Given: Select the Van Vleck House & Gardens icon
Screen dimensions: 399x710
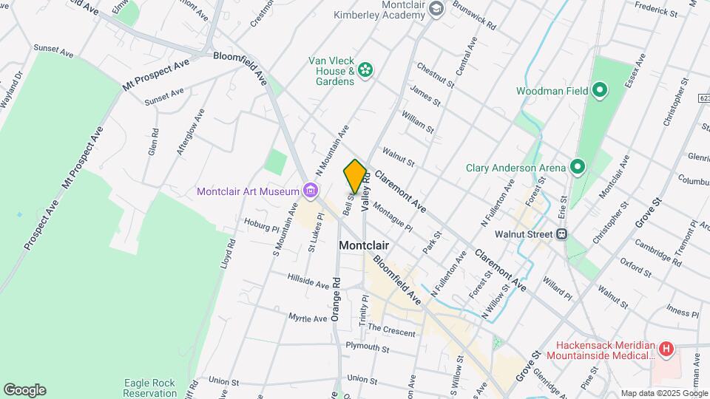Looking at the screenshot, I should (x=364, y=70).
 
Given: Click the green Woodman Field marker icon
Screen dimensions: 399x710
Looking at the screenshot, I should (x=600, y=91).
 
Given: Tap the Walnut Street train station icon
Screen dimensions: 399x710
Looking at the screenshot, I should (x=562, y=234).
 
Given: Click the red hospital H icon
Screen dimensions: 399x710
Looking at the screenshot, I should (x=666, y=348).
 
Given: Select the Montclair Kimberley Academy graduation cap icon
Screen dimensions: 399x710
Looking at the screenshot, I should (x=436, y=8).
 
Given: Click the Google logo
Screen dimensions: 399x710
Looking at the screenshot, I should (x=24, y=390).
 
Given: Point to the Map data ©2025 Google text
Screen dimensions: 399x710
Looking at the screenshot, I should (x=663, y=393).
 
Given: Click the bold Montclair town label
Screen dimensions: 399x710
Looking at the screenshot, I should (x=364, y=245).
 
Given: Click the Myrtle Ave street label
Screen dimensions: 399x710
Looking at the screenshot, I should (x=308, y=318).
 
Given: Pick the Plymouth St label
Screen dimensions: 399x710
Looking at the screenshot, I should (x=367, y=347).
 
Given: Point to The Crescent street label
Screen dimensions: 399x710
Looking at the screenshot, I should (x=391, y=330).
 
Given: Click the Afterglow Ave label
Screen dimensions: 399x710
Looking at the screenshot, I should (x=188, y=132).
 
